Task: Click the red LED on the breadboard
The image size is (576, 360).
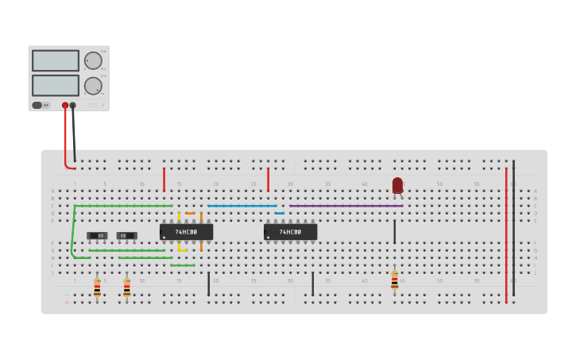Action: click(x=397, y=185)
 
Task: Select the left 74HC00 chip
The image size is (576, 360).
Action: click(x=187, y=232)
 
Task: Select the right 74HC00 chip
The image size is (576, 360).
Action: click(x=290, y=232)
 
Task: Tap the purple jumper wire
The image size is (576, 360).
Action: click(x=346, y=206)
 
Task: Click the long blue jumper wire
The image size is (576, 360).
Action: click(x=242, y=206)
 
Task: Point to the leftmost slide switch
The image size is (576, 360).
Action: click(x=98, y=235)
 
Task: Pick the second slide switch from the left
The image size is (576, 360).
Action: click(x=126, y=235)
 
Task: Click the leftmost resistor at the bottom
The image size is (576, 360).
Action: click(x=97, y=287)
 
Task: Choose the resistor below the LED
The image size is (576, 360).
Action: click(x=394, y=280)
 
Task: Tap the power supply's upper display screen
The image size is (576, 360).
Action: click(x=56, y=60)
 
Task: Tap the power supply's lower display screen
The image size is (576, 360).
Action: click(x=56, y=85)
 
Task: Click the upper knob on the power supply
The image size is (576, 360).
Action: click(x=93, y=60)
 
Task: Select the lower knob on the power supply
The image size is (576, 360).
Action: click(x=93, y=86)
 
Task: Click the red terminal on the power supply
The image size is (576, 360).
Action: click(x=65, y=105)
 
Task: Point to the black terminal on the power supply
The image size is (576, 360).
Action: click(x=73, y=105)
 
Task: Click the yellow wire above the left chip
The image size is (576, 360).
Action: click(x=179, y=216)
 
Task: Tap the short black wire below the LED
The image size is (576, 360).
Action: click(x=394, y=232)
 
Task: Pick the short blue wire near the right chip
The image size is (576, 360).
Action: click(x=280, y=213)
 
